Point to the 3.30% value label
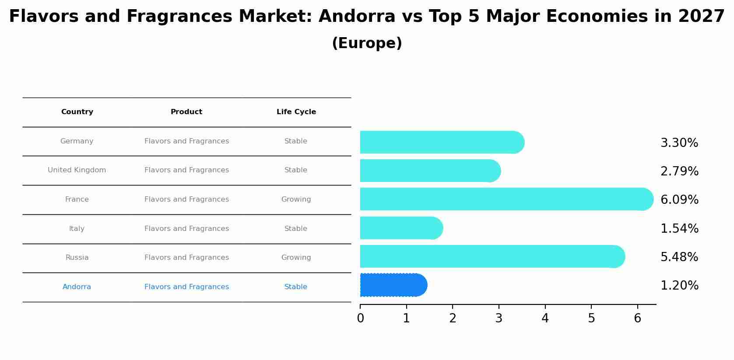(x=679, y=143)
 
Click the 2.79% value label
(x=679, y=171)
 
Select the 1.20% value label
(x=679, y=286)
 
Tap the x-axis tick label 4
(x=545, y=318)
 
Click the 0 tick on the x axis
(x=360, y=318)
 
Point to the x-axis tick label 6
(x=637, y=318)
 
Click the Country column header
(x=77, y=112)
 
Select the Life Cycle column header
(x=296, y=112)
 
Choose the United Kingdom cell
(x=77, y=170)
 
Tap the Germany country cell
(x=77, y=141)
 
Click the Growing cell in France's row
(x=296, y=199)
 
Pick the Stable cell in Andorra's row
(x=296, y=287)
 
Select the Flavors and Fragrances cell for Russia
(x=186, y=258)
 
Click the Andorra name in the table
(x=77, y=287)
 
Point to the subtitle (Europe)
(x=367, y=43)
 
